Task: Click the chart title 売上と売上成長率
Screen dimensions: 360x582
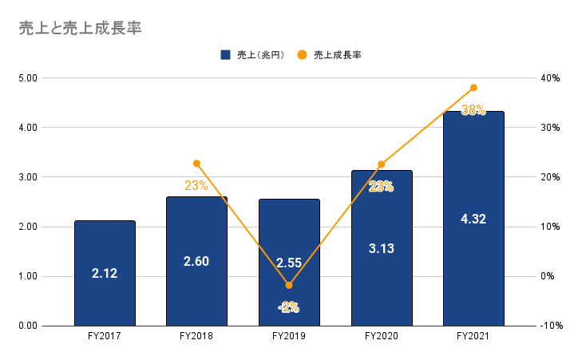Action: click(x=80, y=28)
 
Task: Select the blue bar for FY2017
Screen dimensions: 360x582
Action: click(x=105, y=273)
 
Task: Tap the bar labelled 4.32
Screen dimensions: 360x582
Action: click(x=473, y=218)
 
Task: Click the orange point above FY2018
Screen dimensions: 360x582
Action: click(x=196, y=164)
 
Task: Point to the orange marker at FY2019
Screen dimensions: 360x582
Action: click(x=289, y=285)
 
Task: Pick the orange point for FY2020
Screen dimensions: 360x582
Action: click(x=381, y=164)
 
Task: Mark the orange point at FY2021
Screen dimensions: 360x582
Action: click(x=473, y=88)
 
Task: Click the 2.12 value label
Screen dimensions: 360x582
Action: click(x=105, y=274)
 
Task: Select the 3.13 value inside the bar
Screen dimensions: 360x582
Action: click(x=381, y=248)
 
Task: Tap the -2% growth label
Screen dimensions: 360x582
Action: click(x=288, y=307)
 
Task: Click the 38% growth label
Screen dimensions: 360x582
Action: click(x=473, y=111)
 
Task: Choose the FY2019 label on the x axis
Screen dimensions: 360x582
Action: click(x=289, y=337)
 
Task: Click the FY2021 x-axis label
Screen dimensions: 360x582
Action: click(x=473, y=337)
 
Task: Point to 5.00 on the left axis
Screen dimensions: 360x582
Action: click(x=30, y=78)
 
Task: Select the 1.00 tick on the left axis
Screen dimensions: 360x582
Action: click(x=30, y=277)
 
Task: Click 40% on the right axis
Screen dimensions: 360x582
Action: click(x=550, y=78)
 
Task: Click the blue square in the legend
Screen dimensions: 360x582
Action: click(x=226, y=55)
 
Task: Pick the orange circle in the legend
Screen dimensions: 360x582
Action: click(x=302, y=55)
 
